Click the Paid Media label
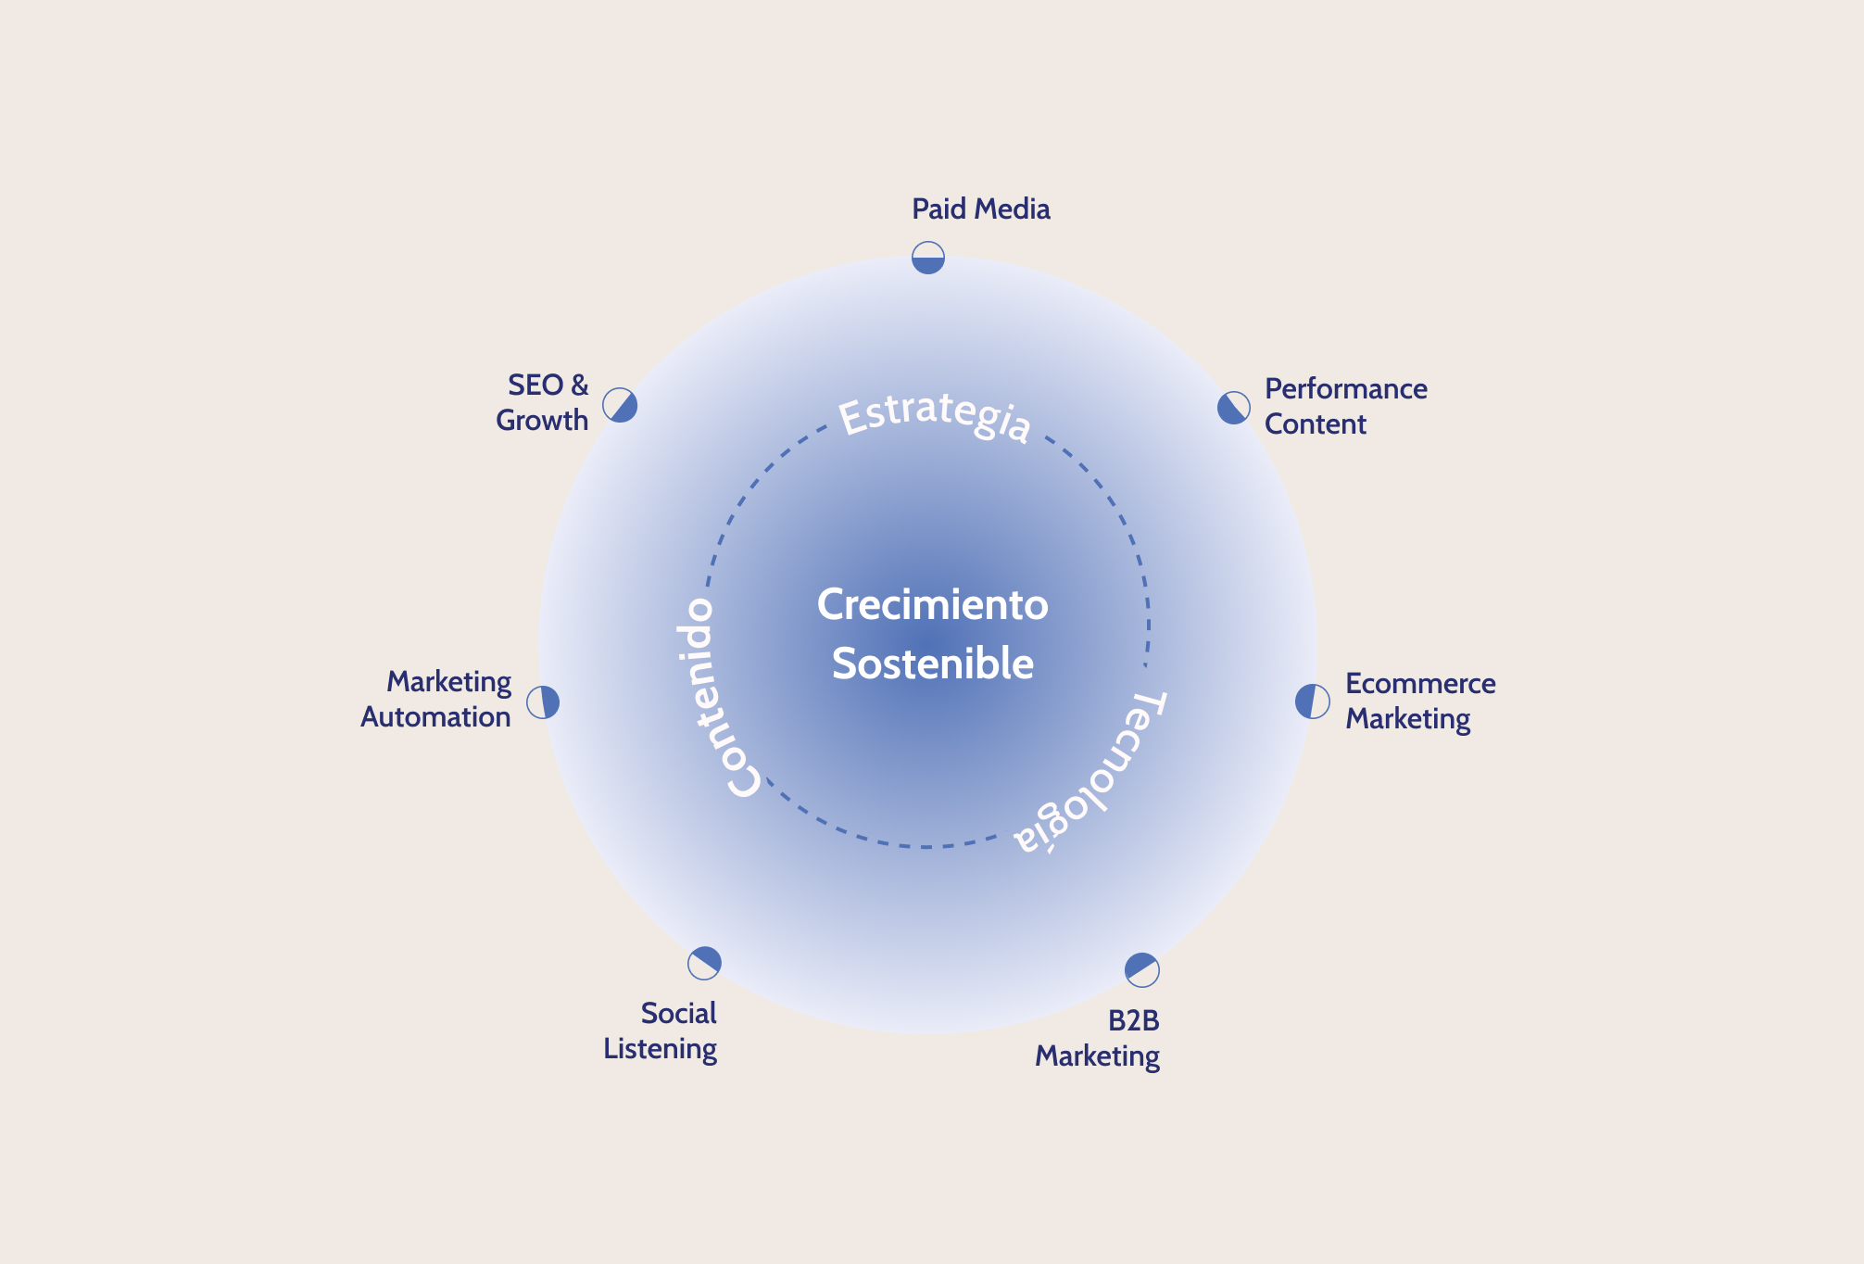click(980, 209)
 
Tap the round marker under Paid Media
click(927, 258)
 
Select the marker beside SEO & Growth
click(620, 405)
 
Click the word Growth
click(542, 421)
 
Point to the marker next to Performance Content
click(1233, 408)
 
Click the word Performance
click(1345, 389)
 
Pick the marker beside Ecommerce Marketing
click(1312, 702)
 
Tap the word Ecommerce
click(1420, 684)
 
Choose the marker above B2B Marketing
click(1141, 969)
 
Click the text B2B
click(1133, 1021)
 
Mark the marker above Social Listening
click(704, 963)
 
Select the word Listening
click(660, 1049)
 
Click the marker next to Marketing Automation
click(543, 702)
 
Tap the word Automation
click(435, 717)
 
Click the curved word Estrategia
click(934, 416)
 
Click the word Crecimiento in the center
click(932, 605)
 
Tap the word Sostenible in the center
click(932, 664)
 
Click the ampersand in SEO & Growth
click(579, 386)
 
